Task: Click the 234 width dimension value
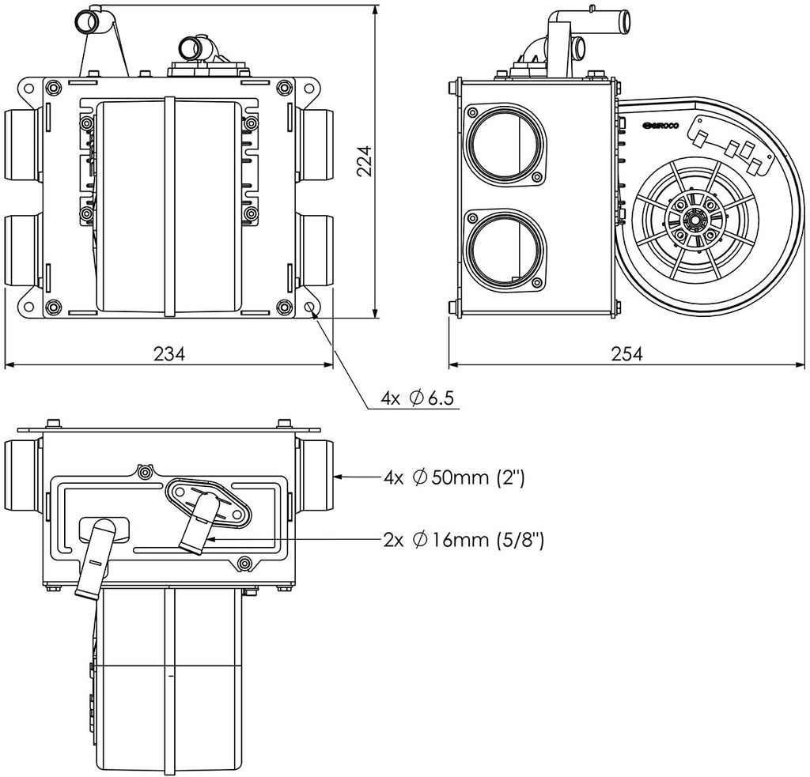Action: coord(169,354)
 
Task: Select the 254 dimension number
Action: coord(626,354)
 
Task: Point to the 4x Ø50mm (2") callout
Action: coord(454,477)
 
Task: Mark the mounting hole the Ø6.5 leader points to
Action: coord(309,307)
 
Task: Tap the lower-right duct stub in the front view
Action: coord(318,249)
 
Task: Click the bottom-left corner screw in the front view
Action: coord(53,307)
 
